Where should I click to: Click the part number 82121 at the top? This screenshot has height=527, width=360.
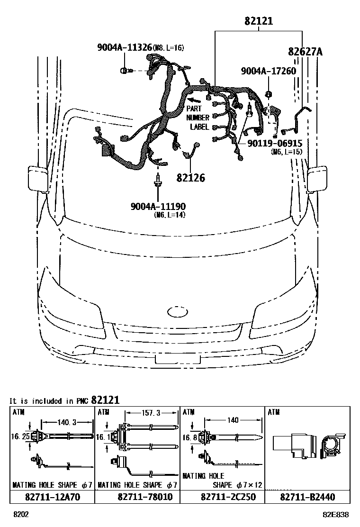point(259,21)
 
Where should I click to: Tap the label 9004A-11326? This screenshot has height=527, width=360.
point(125,47)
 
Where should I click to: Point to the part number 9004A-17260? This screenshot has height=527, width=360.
point(268,71)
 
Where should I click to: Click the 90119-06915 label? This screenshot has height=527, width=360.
point(274,143)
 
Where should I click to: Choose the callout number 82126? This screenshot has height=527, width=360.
point(191,178)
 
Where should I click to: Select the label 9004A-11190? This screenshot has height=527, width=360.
point(158,206)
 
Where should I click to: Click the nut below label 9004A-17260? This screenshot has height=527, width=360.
point(268,94)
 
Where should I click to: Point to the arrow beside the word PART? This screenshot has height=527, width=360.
point(193,100)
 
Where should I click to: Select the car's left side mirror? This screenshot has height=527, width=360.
point(37,178)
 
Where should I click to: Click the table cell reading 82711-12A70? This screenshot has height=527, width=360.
point(53,497)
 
